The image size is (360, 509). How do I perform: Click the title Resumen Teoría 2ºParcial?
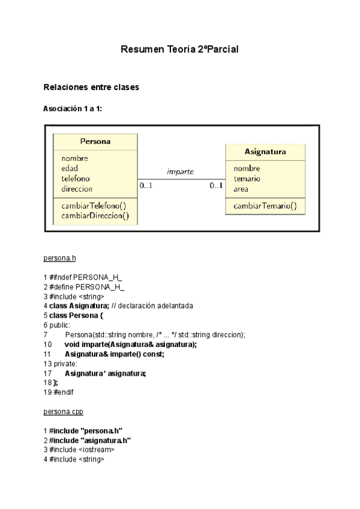(180, 49)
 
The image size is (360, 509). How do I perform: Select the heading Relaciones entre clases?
(91, 88)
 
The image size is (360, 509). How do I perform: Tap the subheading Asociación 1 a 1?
(77, 109)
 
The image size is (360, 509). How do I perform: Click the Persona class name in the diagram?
(95, 142)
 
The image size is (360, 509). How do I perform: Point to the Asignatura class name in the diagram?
(265, 151)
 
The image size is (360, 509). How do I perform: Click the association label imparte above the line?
(180, 171)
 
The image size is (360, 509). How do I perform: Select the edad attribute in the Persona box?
(70, 168)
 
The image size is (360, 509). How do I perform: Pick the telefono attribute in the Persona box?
(76, 178)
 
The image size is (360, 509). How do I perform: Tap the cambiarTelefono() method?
(94, 205)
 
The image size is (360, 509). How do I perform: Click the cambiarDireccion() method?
(95, 215)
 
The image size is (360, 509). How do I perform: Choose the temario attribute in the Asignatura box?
(247, 179)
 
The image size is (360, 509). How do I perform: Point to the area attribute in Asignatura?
(241, 189)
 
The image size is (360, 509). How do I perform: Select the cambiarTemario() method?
(265, 205)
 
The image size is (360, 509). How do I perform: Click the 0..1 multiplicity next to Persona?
(146, 186)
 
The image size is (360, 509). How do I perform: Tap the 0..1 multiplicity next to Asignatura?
(217, 186)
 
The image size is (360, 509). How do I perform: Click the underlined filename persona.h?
(60, 258)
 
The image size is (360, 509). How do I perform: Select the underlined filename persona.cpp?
(63, 412)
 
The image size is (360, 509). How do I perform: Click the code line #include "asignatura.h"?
(90, 440)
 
